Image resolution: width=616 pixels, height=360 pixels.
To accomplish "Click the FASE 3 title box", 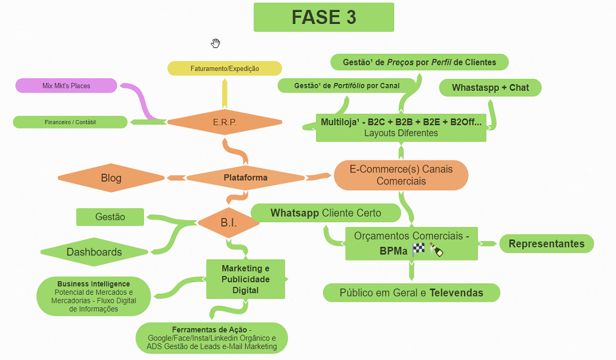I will coord(323,17).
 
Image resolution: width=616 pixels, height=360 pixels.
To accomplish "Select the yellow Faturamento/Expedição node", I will coord(225,69).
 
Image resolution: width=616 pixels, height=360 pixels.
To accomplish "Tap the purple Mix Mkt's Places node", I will coord(66,86).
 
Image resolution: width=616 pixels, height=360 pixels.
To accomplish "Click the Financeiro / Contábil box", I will coord(70,122).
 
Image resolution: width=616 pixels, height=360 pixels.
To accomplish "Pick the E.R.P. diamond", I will coord(225,122).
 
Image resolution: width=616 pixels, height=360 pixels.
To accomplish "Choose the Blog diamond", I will coord(111,178).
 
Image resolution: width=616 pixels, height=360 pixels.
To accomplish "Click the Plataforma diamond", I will coord(245,177).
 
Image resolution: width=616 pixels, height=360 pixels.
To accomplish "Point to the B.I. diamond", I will coord(229,222).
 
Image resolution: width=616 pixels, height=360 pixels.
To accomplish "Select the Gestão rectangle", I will coord(110,217).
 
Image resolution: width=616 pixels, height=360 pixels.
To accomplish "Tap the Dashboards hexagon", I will coord(94,252).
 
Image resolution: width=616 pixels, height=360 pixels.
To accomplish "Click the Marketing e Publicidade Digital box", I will coord(246,279).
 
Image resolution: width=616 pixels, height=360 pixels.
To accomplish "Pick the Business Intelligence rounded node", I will coord(93,296).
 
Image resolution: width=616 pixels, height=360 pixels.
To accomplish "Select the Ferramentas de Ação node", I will coord(211,338).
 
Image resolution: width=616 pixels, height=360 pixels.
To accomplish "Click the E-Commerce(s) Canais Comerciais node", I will coord(401,175).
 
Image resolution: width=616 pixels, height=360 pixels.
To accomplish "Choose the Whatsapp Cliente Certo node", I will coord(326,213).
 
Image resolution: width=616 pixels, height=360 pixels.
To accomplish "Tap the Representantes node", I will coord(546,243).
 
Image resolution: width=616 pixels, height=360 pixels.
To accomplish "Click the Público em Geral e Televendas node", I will coord(411,293).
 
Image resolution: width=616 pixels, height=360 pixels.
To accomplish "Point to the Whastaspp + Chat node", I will coord(490,87).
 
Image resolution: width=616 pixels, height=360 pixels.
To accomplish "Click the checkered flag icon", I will coord(419,250).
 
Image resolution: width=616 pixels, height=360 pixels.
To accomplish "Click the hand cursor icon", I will coord(215,43).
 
